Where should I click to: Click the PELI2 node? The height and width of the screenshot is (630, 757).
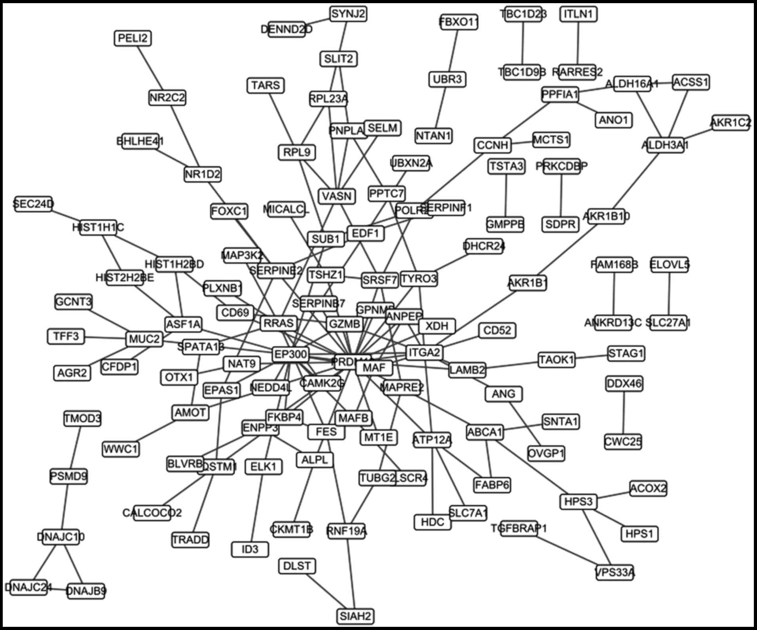click(133, 38)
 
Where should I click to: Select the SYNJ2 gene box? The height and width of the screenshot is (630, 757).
click(348, 14)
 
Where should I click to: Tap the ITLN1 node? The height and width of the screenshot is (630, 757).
click(578, 14)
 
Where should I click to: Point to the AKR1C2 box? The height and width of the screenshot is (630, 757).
click(730, 123)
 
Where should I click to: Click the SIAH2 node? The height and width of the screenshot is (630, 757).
click(356, 616)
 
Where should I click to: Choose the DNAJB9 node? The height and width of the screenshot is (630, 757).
click(86, 591)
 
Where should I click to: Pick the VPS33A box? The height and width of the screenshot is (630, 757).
click(615, 572)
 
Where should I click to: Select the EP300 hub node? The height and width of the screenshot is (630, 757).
click(291, 354)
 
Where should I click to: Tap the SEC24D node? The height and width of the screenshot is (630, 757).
click(33, 204)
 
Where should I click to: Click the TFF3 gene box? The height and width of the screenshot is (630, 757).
click(66, 337)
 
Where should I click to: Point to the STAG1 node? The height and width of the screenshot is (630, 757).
click(626, 353)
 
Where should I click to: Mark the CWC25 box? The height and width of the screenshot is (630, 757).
click(623, 442)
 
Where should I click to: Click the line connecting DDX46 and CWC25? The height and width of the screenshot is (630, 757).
click(624, 413)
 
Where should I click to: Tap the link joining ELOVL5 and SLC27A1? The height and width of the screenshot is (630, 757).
click(670, 293)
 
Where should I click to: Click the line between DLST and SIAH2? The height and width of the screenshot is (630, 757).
click(326, 591)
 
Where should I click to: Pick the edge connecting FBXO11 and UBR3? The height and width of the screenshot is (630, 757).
click(453, 51)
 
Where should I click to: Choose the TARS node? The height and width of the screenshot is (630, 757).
click(266, 85)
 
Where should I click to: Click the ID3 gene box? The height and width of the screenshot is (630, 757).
click(250, 549)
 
